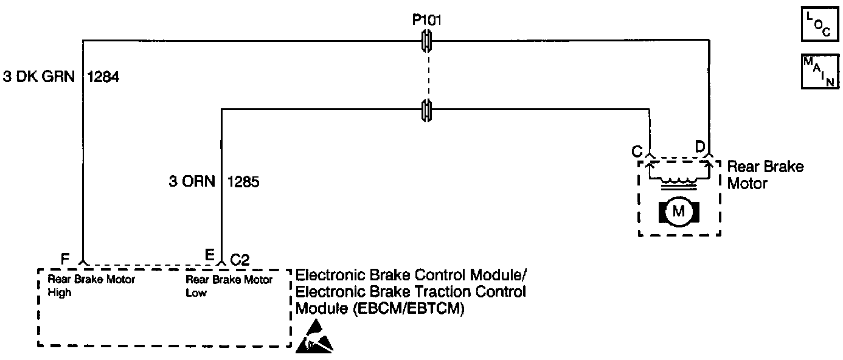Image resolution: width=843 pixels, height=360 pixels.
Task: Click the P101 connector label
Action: (x=427, y=20)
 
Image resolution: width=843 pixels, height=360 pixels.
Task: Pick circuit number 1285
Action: (x=243, y=181)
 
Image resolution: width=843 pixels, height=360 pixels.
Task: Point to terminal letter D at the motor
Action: (x=701, y=147)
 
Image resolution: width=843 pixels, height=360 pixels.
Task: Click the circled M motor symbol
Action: (x=679, y=212)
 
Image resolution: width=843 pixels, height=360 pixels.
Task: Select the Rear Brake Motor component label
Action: (x=765, y=175)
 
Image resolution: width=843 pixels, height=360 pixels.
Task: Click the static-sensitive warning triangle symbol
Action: (x=314, y=340)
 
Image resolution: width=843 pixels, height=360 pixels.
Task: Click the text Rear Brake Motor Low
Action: (x=229, y=286)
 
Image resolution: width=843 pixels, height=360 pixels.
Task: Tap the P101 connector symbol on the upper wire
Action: (x=428, y=42)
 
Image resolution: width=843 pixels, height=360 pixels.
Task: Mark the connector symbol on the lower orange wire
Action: (x=428, y=109)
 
